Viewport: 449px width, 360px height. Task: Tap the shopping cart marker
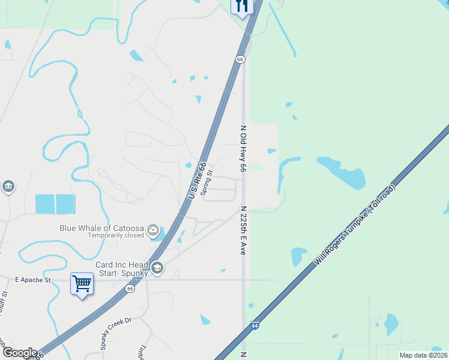82,283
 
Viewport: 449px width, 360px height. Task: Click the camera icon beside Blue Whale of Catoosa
154,230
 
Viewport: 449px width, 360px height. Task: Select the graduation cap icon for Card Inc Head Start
157,268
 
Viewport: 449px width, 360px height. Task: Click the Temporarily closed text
116,236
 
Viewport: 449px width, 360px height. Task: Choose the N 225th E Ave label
243,230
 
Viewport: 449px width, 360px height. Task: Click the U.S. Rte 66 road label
197,181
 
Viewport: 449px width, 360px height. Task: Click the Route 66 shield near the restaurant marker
240,59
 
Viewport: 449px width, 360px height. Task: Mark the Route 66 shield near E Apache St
130,289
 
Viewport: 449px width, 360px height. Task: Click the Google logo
19,353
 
